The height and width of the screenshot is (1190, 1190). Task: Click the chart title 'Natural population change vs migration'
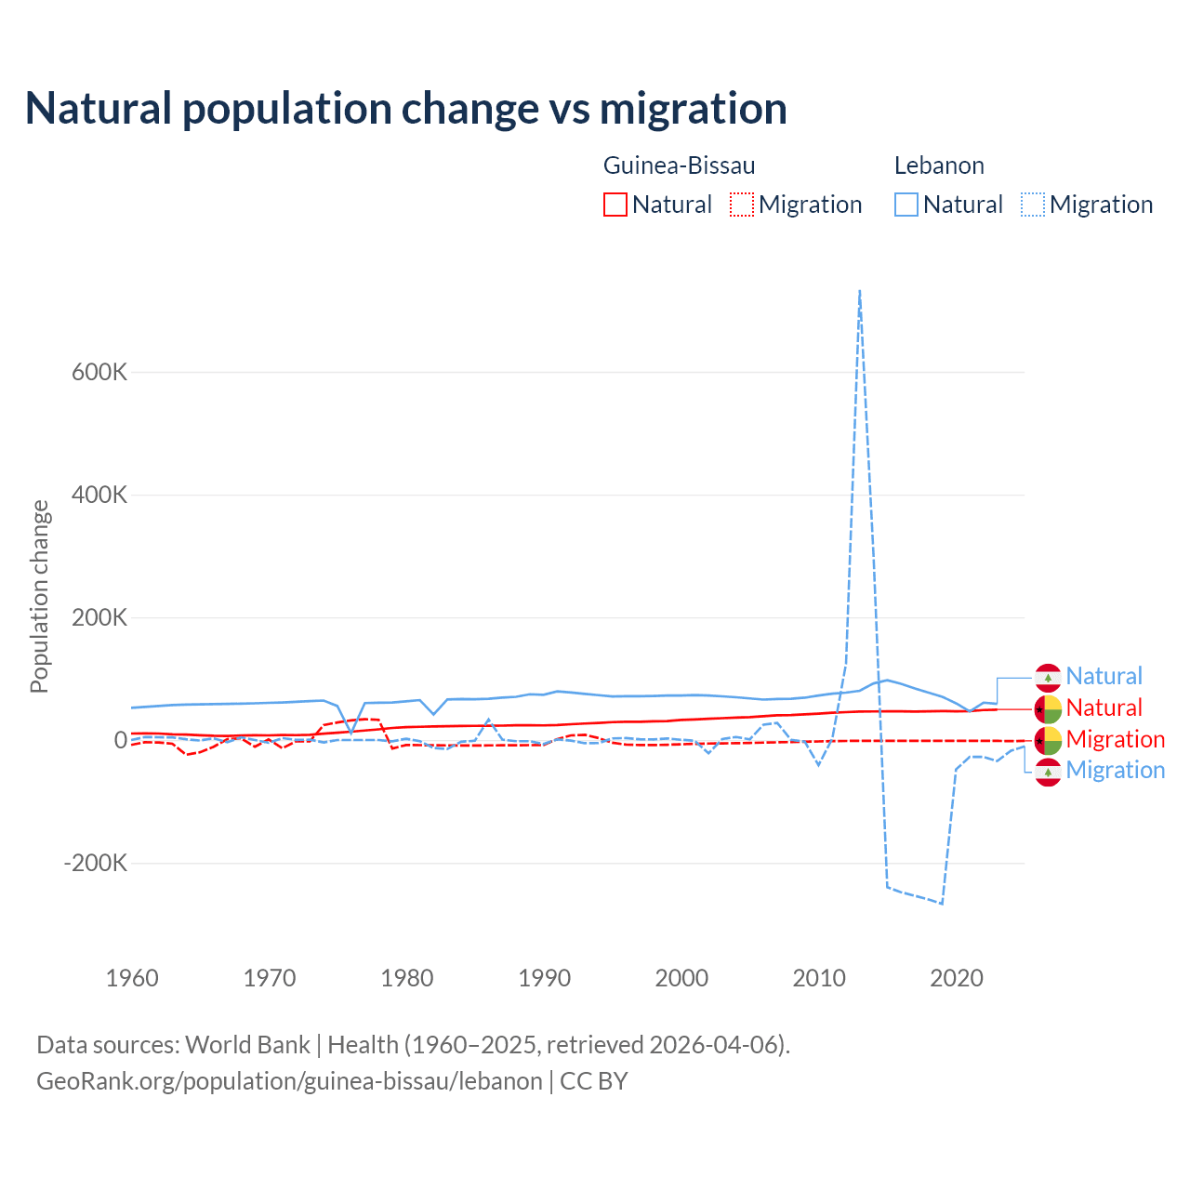coord(406,109)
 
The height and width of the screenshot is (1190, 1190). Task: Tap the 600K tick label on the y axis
coord(99,372)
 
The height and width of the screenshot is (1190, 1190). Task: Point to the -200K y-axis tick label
coord(96,863)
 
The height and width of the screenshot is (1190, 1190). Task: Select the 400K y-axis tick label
coord(99,495)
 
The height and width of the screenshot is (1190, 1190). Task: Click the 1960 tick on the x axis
coord(132,978)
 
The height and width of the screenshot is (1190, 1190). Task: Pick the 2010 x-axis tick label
coord(819,978)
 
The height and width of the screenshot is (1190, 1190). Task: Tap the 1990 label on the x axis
coord(545,978)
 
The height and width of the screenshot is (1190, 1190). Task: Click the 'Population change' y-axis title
coord(39,597)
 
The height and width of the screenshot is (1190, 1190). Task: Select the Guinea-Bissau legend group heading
coord(679,165)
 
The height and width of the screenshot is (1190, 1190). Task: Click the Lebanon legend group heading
coord(939,165)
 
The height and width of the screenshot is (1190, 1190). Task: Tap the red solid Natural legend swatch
coord(615,205)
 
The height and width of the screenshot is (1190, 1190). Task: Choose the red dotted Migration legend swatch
coord(742,205)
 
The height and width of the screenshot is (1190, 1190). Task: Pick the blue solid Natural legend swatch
coord(906,205)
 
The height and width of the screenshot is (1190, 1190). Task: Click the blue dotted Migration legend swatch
coord(1033,205)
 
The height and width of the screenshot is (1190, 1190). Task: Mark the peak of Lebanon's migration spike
coord(860,291)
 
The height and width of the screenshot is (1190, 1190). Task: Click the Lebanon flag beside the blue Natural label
coord(1049,677)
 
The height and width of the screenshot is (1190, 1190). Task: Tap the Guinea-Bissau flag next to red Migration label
coord(1049,740)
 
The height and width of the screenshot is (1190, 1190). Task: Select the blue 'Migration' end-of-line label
coord(1115,770)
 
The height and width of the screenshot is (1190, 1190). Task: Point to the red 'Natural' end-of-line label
coord(1104,707)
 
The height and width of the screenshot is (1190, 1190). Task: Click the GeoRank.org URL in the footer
coord(289,1081)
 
